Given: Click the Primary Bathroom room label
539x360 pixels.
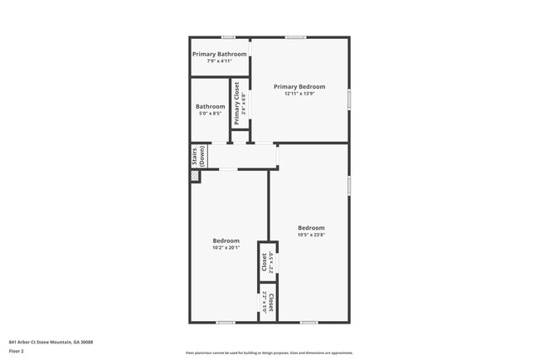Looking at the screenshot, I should click(219, 54).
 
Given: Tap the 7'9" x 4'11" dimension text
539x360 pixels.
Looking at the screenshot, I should click(219, 61).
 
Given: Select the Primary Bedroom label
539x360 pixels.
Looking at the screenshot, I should click(299, 86).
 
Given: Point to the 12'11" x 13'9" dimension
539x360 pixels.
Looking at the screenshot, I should click(299, 93).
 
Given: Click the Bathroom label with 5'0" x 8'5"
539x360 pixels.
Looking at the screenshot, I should click(210, 106).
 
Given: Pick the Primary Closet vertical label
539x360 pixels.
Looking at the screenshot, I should click(236, 104).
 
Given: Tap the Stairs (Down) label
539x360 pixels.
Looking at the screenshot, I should click(198, 156).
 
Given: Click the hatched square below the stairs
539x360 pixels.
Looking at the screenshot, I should click(195, 177).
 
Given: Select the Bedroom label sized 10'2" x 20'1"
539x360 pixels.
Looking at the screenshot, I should click(226, 241).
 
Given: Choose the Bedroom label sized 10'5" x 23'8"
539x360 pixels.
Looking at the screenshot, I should click(311, 227).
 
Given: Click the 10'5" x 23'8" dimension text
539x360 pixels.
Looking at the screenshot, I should click(311, 234).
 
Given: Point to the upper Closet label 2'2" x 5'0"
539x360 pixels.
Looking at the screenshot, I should click(265, 262).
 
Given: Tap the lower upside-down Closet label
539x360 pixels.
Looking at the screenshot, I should click(270, 300).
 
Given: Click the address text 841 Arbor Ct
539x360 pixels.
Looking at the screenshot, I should click(51, 341).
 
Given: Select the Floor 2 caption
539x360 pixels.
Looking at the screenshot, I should click(17, 351).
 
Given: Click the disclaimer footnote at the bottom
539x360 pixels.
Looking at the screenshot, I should click(269, 352).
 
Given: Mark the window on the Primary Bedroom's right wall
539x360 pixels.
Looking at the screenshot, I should click(349, 99).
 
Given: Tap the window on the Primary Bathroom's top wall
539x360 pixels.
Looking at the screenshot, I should click(227, 37).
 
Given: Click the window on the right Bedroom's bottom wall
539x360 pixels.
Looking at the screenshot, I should click(308, 322).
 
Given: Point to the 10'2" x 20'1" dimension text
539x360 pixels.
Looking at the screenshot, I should click(226, 247).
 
